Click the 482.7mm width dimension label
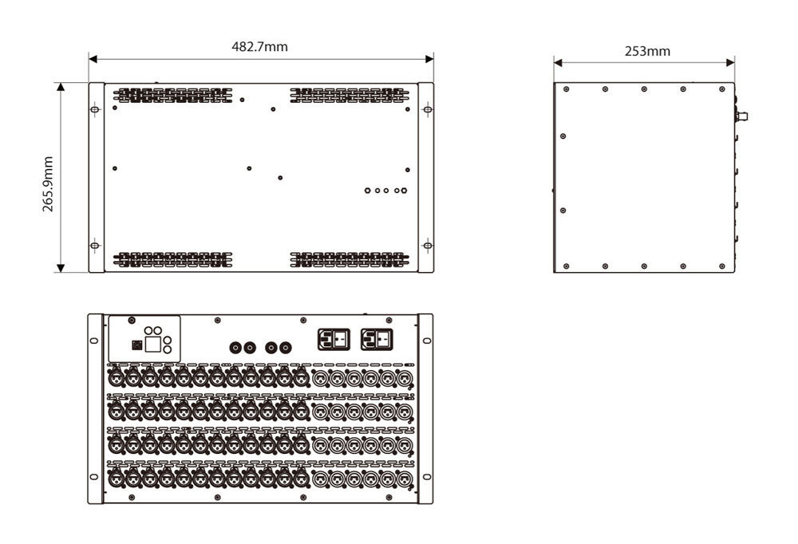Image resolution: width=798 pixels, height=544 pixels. [x=259, y=47]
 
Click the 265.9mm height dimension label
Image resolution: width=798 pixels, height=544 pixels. [x=47, y=183]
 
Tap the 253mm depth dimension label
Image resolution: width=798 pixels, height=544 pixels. [x=647, y=51]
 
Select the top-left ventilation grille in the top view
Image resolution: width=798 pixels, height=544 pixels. [x=172, y=95]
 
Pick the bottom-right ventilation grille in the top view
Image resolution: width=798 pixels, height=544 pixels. [x=350, y=259]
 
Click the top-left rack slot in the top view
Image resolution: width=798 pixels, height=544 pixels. [x=95, y=109]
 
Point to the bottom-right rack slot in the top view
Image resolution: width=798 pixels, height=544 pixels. [x=428, y=246]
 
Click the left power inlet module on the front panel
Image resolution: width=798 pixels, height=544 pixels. [x=334, y=340]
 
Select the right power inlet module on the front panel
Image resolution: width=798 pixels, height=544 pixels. [x=377, y=340]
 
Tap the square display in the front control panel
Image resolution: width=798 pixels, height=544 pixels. [x=152, y=345]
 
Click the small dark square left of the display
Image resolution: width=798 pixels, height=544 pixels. [x=136, y=345]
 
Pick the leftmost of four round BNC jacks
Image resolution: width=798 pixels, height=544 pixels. [x=235, y=348]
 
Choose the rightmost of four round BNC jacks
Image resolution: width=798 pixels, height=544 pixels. [x=286, y=348]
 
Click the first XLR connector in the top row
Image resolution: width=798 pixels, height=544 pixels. [x=116, y=378]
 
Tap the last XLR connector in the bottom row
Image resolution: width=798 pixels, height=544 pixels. [x=404, y=479]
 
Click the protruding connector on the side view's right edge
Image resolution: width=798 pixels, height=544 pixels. [x=741, y=116]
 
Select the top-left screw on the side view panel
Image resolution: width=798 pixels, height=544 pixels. [x=566, y=89]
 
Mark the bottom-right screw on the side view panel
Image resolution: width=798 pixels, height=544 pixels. [x=721, y=266]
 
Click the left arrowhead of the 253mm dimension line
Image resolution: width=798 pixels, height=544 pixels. [x=558, y=62]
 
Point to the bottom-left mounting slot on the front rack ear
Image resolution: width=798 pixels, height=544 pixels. [x=93, y=477]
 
